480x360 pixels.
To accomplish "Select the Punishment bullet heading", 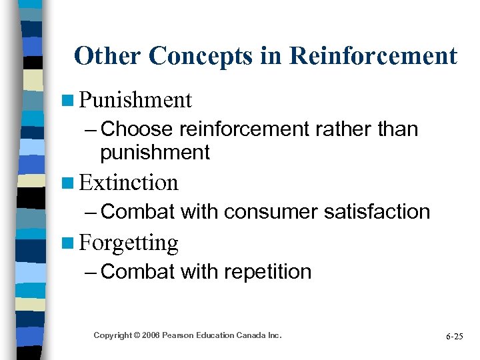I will (135, 101).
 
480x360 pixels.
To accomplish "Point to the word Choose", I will (137, 129).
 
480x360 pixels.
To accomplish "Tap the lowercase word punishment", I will (155, 152).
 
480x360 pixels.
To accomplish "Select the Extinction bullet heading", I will (129, 183).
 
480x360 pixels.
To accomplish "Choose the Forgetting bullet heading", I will (129, 243).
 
